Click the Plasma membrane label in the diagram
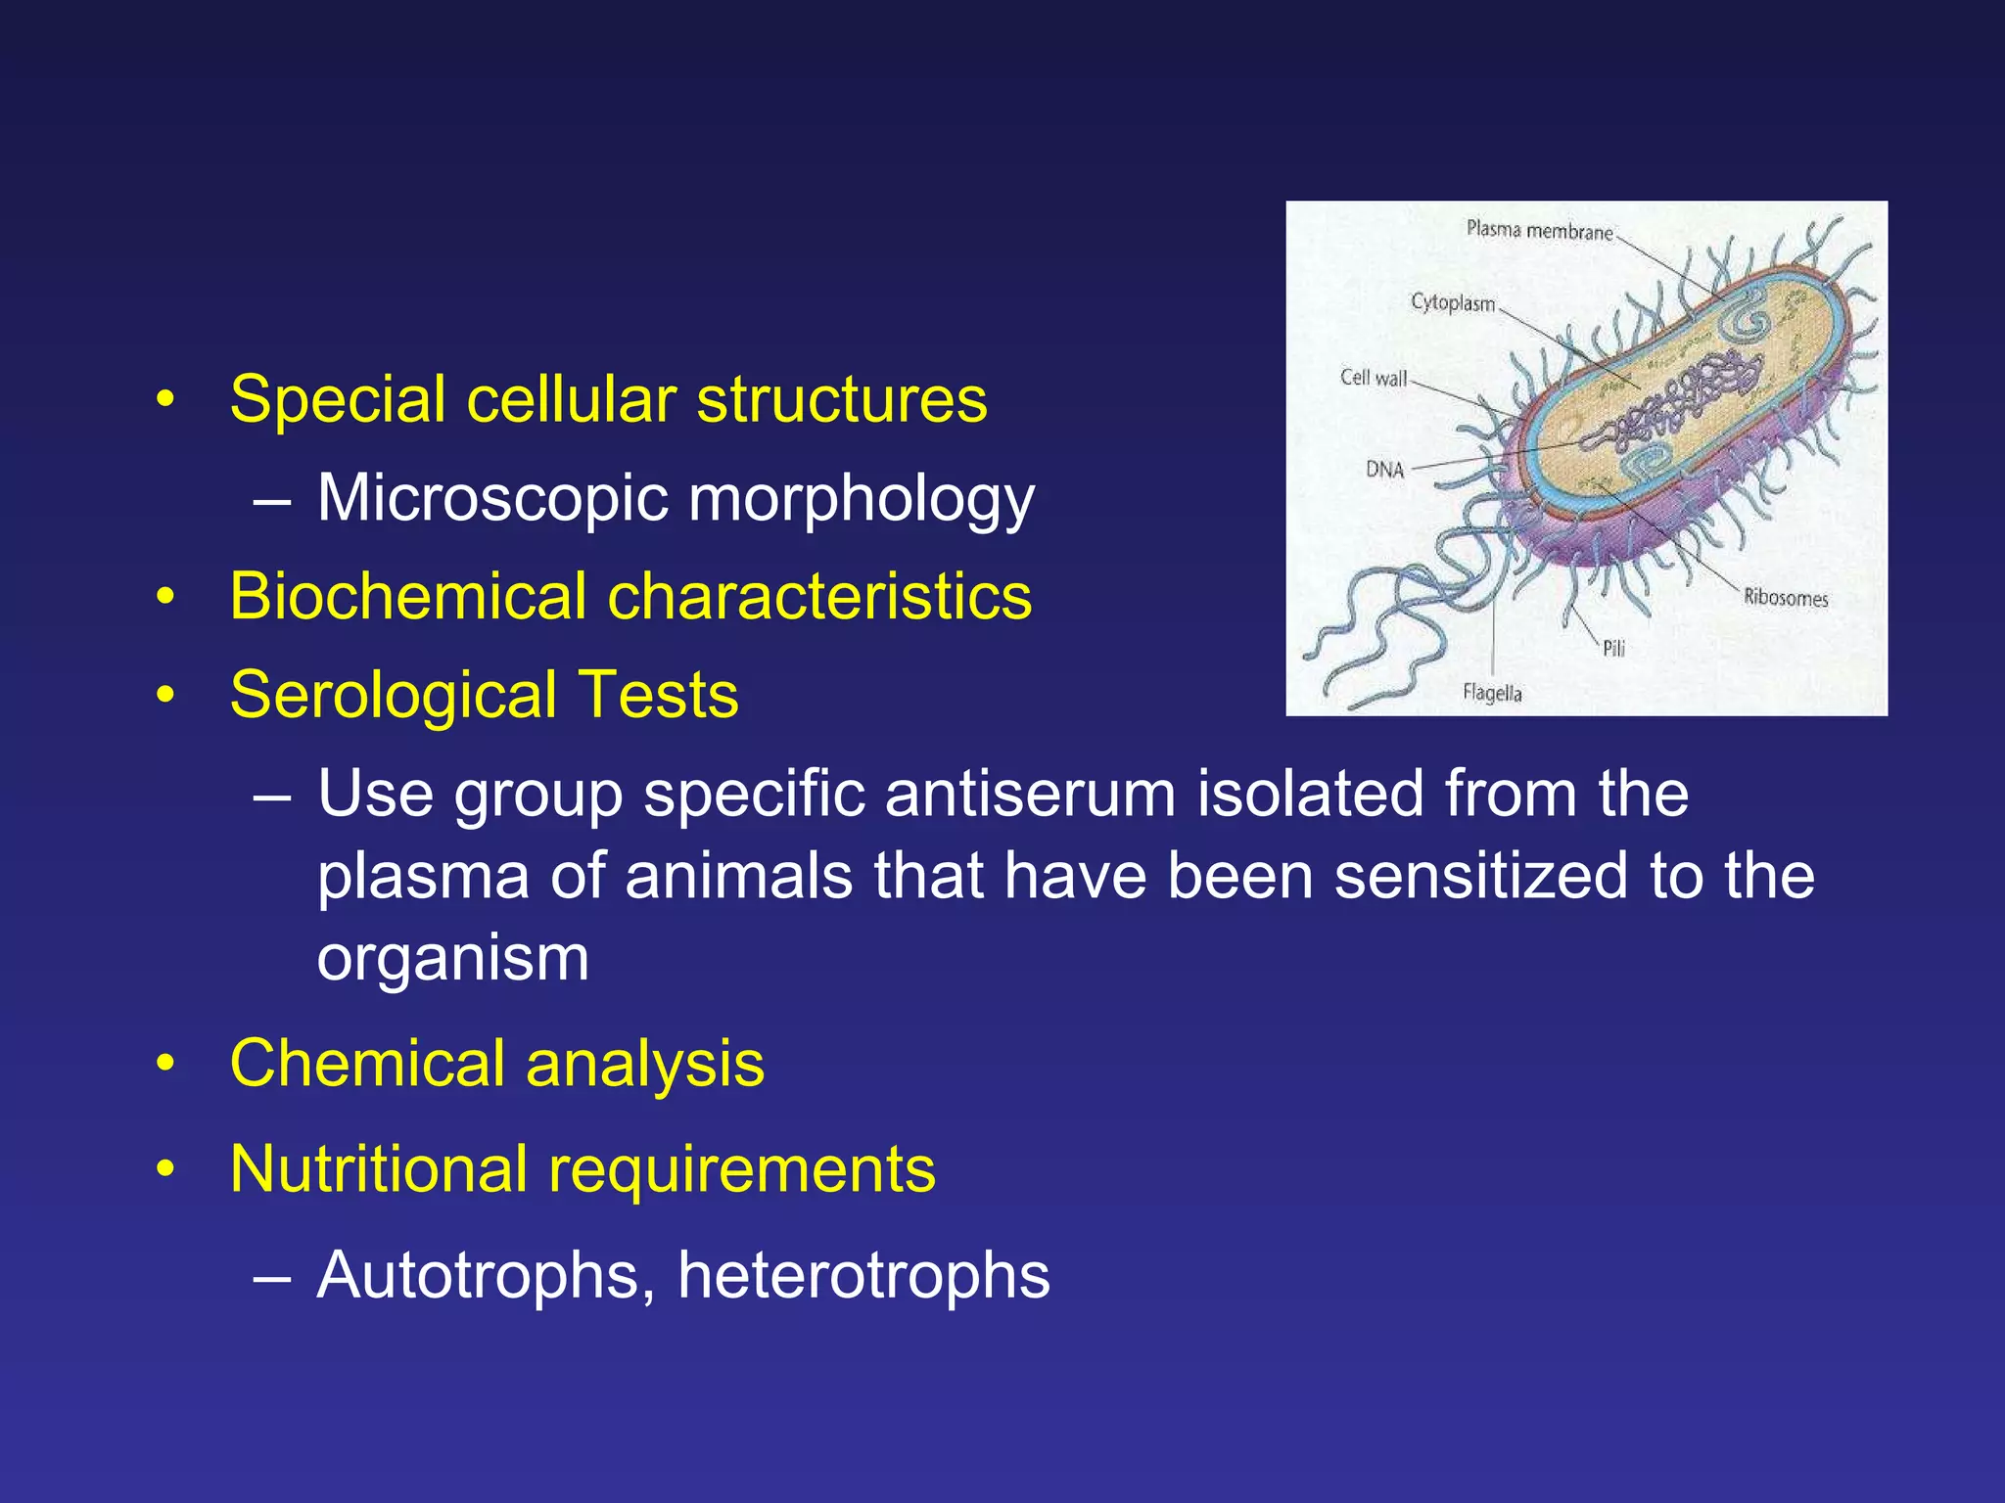(1539, 231)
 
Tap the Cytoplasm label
(1453, 303)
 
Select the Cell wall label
(1373, 378)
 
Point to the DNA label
(1384, 470)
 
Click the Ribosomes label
(1785, 598)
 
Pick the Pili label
(1613, 648)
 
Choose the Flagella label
(1492, 693)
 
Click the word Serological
(393, 696)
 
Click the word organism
(453, 960)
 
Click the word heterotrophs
(863, 1276)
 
